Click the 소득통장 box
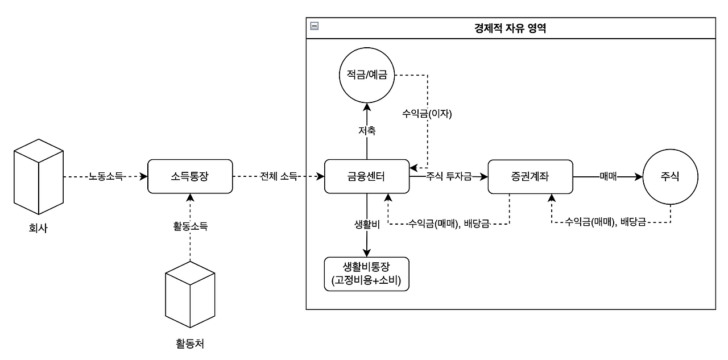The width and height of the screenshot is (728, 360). pos(190,177)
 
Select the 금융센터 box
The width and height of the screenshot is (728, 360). pos(366,177)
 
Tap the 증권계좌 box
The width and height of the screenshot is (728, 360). pos(530,177)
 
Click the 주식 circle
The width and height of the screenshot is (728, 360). pos(669,177)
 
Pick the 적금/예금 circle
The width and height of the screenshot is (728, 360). pos(366,75)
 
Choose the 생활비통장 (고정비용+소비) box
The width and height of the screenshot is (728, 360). pos(366,274)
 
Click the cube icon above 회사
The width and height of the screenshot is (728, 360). pos(39,175)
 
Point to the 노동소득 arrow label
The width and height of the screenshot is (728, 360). pos(105,177)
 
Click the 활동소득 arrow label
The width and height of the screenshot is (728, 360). pos(190,226)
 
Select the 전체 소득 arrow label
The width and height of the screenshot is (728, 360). pos(279,177)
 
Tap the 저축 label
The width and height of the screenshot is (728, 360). pos(366,131)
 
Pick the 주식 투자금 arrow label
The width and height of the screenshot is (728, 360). pos(449,177)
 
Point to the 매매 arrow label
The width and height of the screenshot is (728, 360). pos(608,177)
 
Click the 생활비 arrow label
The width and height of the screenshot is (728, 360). pos(366,224)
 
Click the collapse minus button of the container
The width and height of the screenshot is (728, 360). pos(314,26)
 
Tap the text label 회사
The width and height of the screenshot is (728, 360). pos(38,230)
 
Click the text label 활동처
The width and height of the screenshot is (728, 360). pos(190,344)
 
